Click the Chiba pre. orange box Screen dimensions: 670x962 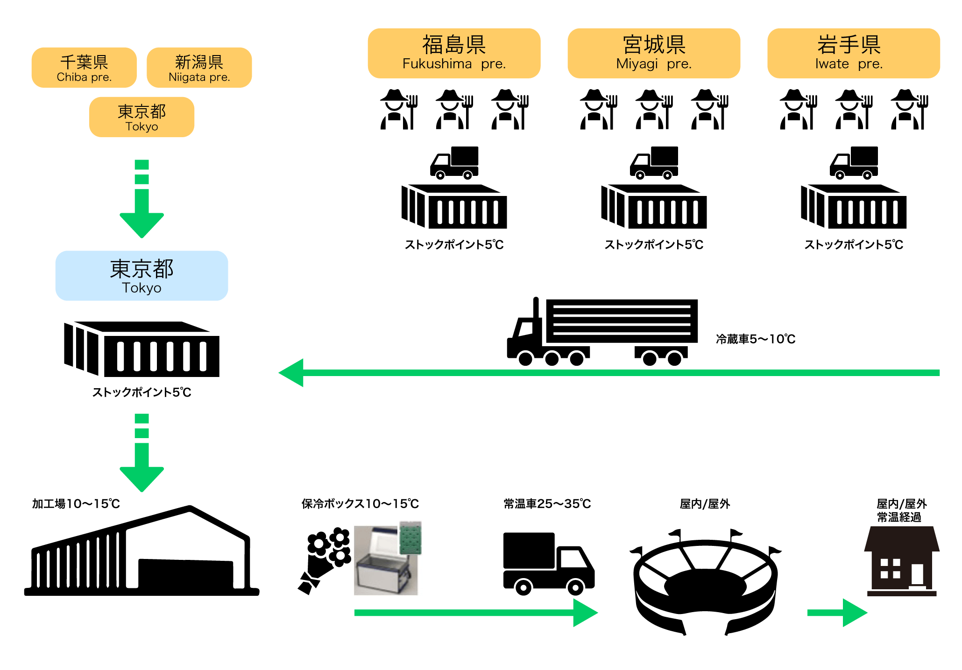[x=84, y=68]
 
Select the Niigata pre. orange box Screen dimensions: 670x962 [x=199, y=68]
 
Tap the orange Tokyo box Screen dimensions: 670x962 [x=141, y=117]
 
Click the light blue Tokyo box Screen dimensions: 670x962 [x=141, y=276]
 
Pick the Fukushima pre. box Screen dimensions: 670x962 [x=454, y=53]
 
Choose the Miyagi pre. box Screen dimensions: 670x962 [x=654, y=53]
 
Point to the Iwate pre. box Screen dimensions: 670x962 [x=853, y=53]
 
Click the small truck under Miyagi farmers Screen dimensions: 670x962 [x=654, y=163]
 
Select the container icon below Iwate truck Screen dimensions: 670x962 [x=854, y=207]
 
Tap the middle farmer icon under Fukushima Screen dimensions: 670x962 [x=454, y=110]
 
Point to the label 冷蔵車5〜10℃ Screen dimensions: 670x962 [x=755, y=339]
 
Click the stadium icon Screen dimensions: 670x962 [x=705, y=583]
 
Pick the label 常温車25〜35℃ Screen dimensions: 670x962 [x=547, y=504]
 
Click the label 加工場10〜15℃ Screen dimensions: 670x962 [x=76, y=504]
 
